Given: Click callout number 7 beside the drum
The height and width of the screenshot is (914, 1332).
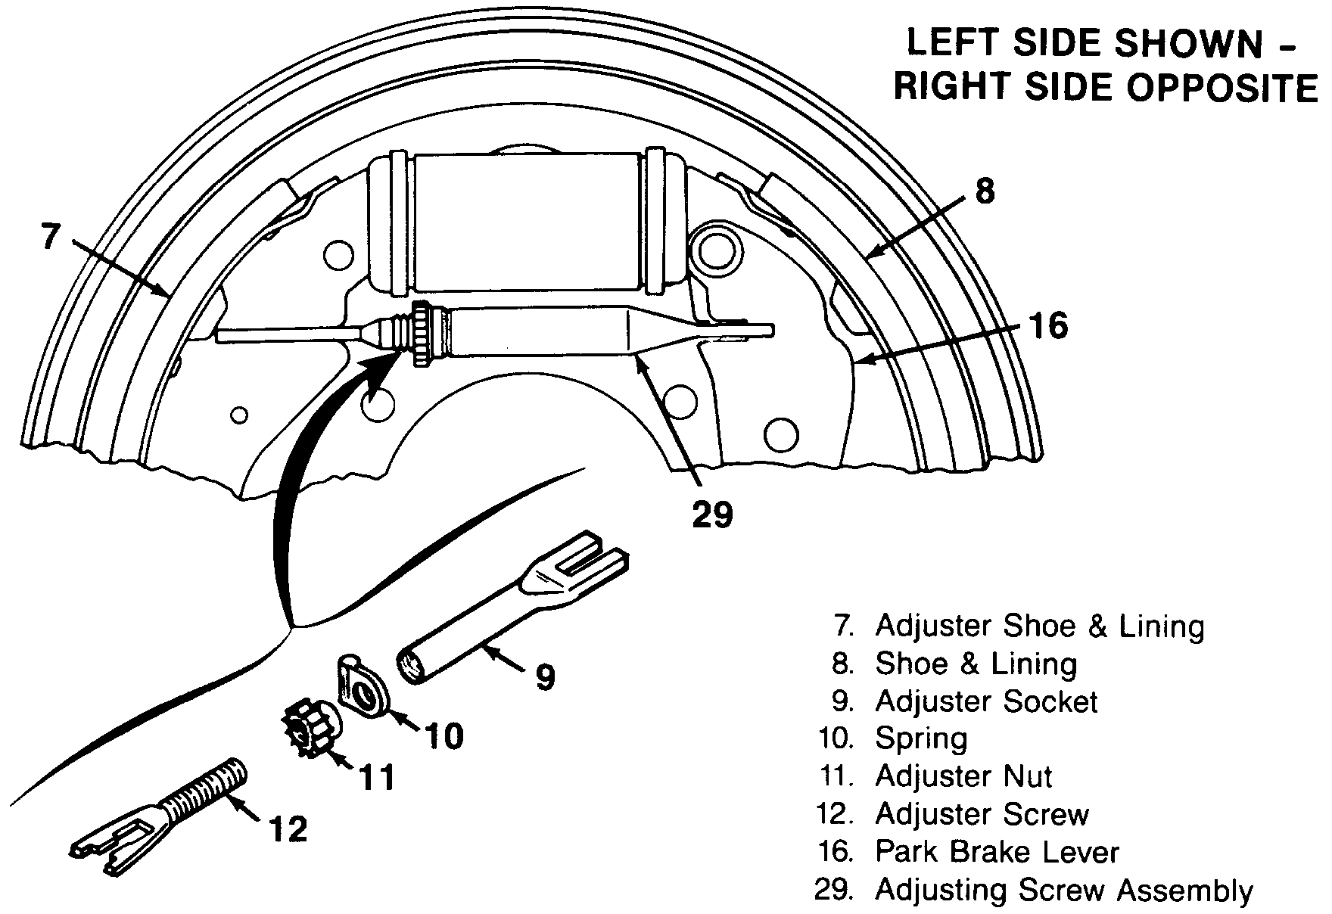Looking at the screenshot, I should pos(49,236).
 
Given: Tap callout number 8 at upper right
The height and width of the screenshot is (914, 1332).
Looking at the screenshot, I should pos(984,191).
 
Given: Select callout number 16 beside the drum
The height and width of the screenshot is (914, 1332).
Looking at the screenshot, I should pos(1047,326).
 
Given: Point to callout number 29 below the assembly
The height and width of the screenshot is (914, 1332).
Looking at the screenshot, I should pos(712,515).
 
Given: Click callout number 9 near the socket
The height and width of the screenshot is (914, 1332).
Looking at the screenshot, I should pos(545,677).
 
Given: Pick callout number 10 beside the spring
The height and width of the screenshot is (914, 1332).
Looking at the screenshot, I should pos(443,735).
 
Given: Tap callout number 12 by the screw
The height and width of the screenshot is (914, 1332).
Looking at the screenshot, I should pos(288,829).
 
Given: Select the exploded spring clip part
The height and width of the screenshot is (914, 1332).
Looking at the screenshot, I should pos(363,685).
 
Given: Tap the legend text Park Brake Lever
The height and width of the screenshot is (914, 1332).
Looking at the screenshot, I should pos(997,852).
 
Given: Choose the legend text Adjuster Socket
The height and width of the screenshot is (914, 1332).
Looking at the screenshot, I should pos(986,701).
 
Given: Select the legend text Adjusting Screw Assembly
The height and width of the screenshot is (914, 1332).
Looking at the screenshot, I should pos(1064,890).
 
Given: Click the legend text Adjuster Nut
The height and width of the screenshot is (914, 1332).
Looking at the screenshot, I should pos(963,776).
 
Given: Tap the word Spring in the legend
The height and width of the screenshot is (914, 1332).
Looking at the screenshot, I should pos(921,738).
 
